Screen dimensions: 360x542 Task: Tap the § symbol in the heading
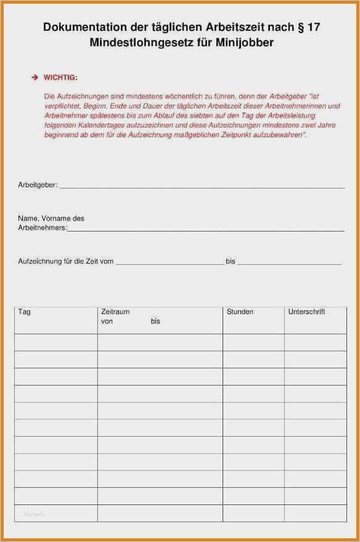click(300, 27)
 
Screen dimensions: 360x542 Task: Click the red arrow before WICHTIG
click(35, 78)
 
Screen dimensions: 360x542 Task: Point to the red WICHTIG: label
click(60, 78)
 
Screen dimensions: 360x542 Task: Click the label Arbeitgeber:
click(38, 184)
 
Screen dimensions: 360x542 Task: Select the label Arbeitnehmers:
click(42, 227)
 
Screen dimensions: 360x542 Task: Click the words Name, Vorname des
click(51, 218)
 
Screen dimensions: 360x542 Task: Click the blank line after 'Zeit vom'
click(170, 264)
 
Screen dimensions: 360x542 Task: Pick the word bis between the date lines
click(231, 261)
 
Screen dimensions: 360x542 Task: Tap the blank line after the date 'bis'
click(289, 264)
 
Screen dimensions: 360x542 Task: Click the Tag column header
click(25, 312)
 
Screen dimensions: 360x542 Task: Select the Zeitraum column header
click(115, 312)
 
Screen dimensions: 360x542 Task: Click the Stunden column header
click(240, 312)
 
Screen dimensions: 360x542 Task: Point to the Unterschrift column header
click(306, 312)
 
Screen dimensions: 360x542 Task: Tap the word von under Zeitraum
click(107, 322)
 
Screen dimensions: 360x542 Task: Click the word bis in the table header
click(155, 322)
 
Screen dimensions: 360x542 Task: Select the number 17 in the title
click(314, 27)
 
